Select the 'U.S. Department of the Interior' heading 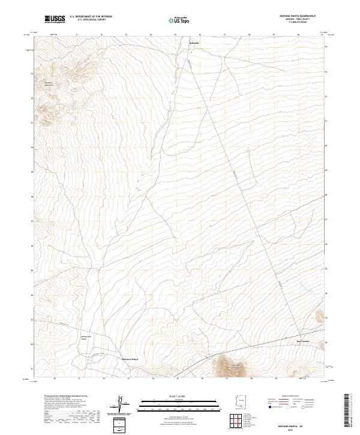(91, 17)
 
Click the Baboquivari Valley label (85, 338)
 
